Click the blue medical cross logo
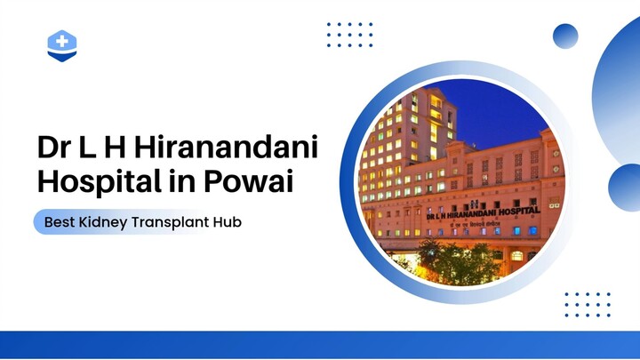coord(62,44)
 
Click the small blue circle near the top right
coord(565,36)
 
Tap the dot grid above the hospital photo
coord(349,35)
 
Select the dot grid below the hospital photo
coord(587,304)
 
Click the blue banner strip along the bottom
coord(320,345)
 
